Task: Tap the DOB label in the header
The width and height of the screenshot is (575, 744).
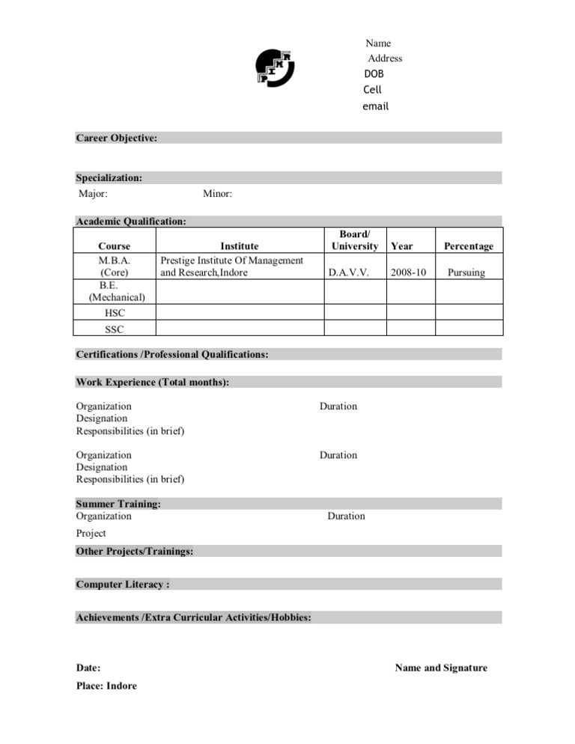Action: (x=374, y=74)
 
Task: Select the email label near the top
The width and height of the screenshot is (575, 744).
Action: (x=375, y=106)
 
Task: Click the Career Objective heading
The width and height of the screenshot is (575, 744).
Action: (x=116, y=138)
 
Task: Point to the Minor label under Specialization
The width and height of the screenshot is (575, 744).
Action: (x=217, y=194)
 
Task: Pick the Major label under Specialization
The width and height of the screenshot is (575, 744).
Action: (x=94, y=194)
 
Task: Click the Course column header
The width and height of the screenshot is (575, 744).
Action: (x=114, y=246)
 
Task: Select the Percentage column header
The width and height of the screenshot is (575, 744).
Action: (x=469, y=246)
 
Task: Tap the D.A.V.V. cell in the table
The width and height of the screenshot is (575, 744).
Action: (x=349, y=272)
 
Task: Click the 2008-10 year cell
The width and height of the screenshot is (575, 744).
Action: (x=408, y=272)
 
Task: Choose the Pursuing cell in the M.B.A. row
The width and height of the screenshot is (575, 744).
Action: (x=466, y=272)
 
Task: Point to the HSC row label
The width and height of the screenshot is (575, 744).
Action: (x=114, y=314)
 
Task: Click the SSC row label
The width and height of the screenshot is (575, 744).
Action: (x=114, y=329)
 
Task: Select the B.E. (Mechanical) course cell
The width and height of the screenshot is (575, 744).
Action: (x=114, y=291)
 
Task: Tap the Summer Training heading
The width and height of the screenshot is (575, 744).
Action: (x=118, y=504)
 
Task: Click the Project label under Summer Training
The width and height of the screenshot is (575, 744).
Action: (x=91, y=533)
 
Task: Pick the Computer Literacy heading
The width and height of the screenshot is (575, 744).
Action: (x=123, y=584)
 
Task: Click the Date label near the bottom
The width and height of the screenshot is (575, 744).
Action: (x=88, y=668)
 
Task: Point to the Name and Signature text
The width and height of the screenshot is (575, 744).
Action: (x=440, y=668)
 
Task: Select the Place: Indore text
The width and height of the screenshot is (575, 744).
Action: (x=106, y=686)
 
